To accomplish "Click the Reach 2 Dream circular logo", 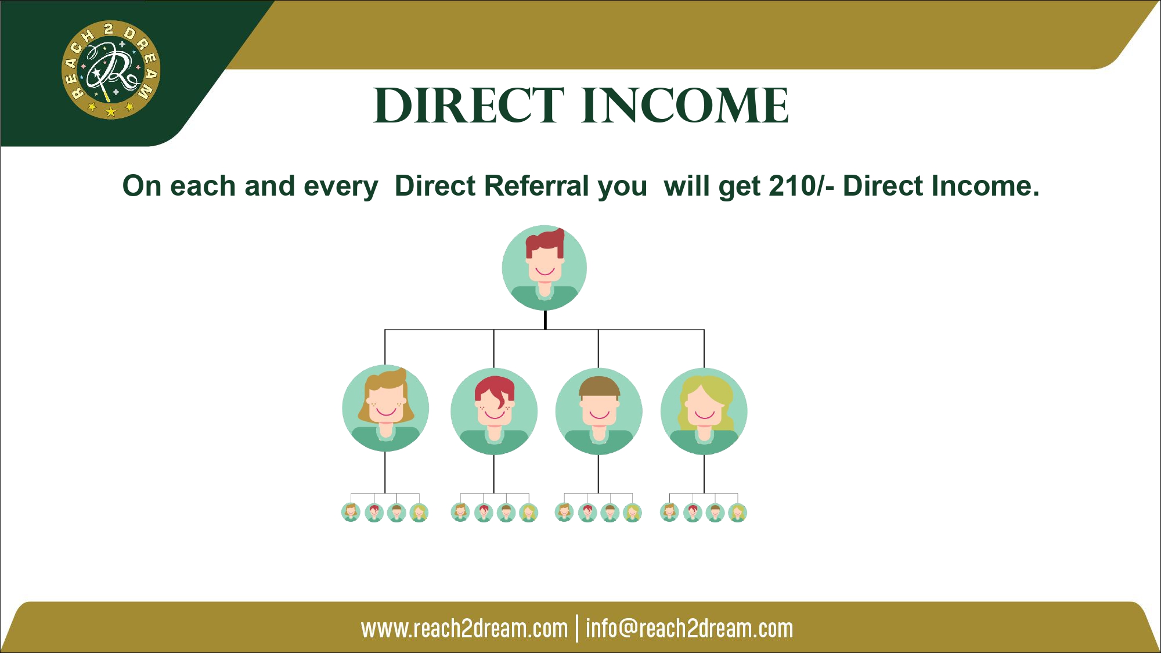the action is pos(111,70).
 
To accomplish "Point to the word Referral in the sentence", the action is pos(566,186).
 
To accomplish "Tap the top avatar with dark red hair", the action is pos(545,268).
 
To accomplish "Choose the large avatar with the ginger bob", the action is pos(385,409).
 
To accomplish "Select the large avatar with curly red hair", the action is pos(494,412).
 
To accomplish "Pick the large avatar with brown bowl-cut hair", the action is pos(599,412).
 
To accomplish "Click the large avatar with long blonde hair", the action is pos(704,412).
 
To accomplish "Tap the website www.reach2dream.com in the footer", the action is pos(464,629).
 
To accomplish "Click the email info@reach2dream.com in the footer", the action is pos(689,629).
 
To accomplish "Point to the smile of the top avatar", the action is pos(545,271).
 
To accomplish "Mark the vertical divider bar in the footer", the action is pos(577,629).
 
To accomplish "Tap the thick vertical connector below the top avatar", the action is pos(545,320).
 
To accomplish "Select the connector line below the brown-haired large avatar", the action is pos(598,474).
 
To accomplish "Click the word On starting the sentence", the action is pos(142,186).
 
